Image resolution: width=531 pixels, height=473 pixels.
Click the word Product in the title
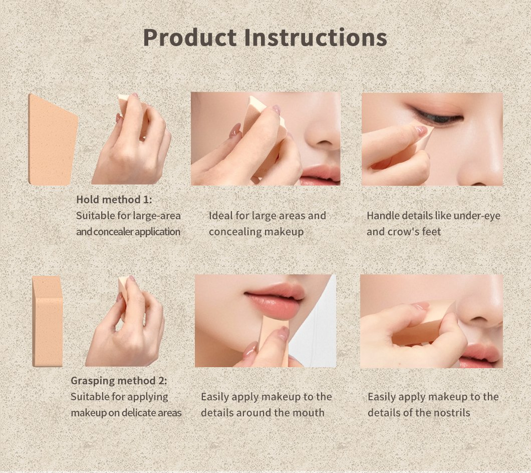[190, 37]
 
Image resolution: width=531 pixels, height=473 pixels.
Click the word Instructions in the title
[316, 37]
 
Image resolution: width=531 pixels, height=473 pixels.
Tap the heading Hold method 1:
[114, 199]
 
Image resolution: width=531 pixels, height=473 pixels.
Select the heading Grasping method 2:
[119, 380]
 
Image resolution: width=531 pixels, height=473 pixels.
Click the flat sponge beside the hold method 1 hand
[53, 140]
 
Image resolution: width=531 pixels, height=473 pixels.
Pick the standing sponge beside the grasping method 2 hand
[48, 321]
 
